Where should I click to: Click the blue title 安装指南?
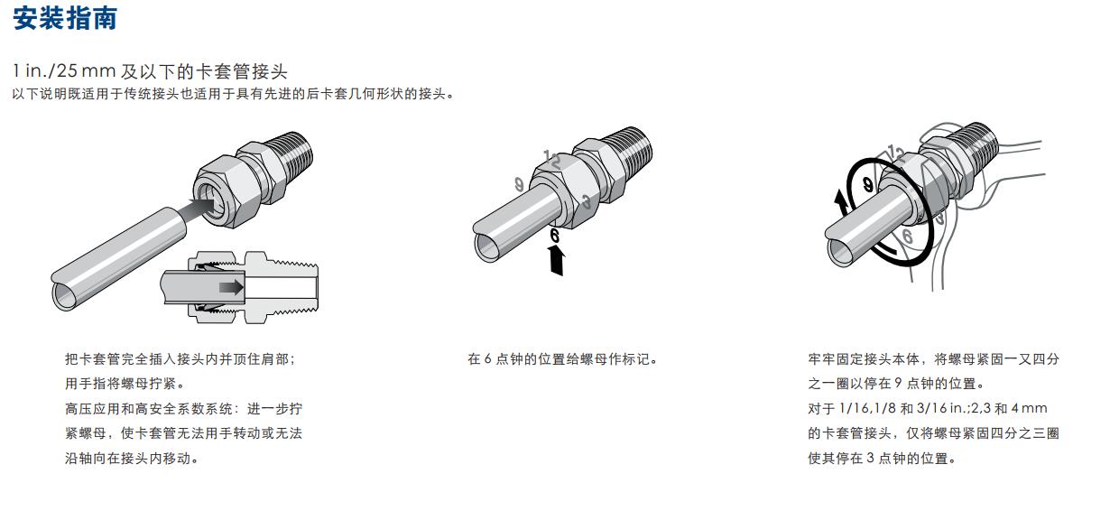pyautogui.click(x=65, y=19)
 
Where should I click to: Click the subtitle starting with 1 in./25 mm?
pyautogui.click(x=150, y=71)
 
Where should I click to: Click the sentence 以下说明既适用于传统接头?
pyautogui.click(x=233, y=94)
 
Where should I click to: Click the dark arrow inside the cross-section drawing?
pyautogui.click(x=231, y=287)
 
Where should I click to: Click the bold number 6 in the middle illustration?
pyautogui.click(x=554, y=236)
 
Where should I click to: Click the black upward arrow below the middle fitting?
pyautogui.click(x=557, y=261)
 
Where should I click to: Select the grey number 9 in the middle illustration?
pyautogui.click(x=519, y=184)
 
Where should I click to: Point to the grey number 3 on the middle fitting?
pyautogui.click(x=587, y=201)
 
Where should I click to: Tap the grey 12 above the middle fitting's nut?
pyautogui.click(x=552, y=160)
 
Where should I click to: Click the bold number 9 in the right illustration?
pyautogui.click(x=867, y=184)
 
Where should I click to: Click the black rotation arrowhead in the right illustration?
pyautogui.click(x=840, y=201)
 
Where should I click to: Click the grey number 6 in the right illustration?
pyautogui.click(x=907, y=236)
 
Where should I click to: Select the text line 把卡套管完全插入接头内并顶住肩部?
pyautogui.click(x=180, y=358)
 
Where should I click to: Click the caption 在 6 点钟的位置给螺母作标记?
pyautogui.click(x=562, y=358)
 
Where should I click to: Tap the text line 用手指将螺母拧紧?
pyautogui.click(x=125, y=384)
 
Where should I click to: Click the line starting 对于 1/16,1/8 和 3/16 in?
pyautogui.click(x=928, y=408)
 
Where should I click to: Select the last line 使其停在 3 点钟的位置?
pyautogui.click(x=882, y=458)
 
